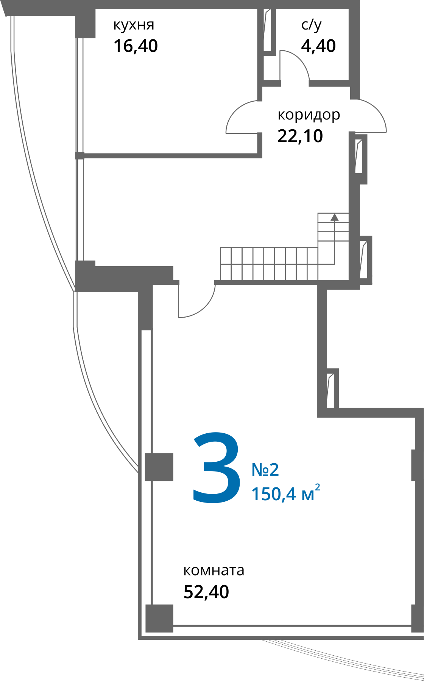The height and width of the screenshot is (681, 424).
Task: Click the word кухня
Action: (134, 25)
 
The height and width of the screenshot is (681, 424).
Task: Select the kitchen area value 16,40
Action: (136, 46)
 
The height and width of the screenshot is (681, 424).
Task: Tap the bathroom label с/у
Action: (311, 25)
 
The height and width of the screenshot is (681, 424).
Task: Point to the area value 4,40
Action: (318, 46)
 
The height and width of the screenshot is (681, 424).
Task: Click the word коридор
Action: (309, 115)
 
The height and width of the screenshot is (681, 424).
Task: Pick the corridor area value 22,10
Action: (300, 136)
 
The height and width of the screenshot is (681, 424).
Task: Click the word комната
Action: (214, 570)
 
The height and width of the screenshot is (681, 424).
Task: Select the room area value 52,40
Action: (206, 592)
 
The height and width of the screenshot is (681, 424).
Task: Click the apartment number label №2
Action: (265, 470)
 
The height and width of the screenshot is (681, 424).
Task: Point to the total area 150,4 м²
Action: (286, 493)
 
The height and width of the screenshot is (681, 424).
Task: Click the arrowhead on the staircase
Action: (334, 217)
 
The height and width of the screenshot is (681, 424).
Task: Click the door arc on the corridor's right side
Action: (377, 110)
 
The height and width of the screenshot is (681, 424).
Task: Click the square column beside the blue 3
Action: (159, 467)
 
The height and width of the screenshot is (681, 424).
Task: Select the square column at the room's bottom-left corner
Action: (159, 618)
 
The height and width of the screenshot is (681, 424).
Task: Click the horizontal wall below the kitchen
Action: (170, 155)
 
